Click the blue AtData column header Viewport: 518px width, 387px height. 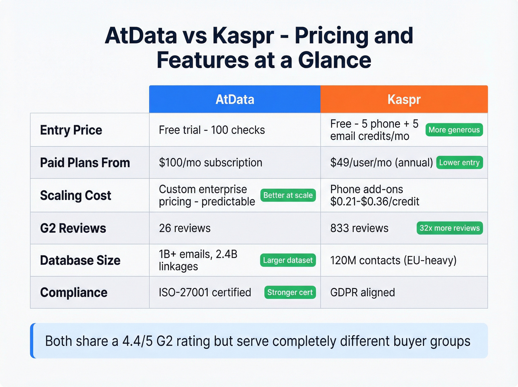pos(235,99)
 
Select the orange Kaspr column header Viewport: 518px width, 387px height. pos(404,99)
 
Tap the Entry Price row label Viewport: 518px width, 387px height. pos(71,130)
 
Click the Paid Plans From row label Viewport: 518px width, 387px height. pos(85,163)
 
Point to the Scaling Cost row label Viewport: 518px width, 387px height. pos(75,195)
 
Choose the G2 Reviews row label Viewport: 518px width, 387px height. pos(73,228)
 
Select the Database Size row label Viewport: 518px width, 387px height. pos(80,260)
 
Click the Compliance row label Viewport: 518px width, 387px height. pos(74,293)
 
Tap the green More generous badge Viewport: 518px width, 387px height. pos(454,130)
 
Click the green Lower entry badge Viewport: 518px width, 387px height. pos(459,163)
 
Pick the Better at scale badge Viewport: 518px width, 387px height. pos(288,195)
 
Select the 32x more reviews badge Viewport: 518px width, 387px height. pos(450,228)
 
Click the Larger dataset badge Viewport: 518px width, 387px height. pos(288,260)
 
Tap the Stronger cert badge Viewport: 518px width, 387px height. pos(290,293)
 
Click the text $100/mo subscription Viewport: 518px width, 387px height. pos(210,163)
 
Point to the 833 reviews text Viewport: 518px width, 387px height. pos(359,228)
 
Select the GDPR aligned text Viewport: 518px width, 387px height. pos(362,293)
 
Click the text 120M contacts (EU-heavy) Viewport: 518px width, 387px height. pos(393,260)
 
